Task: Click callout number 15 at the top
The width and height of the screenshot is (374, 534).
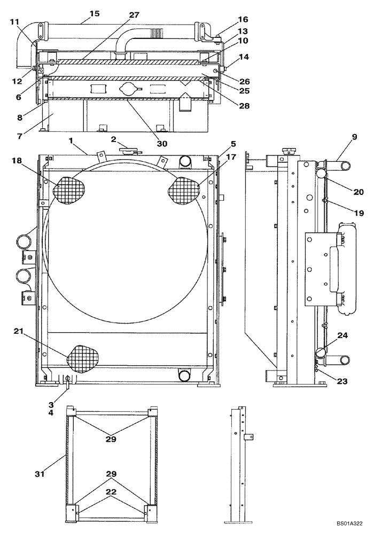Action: coord(94,13)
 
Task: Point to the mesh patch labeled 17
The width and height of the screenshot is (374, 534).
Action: coord(184,190)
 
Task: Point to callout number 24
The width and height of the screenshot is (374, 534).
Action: coord(342,336)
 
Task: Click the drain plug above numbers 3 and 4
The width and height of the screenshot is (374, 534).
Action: coord(67,380)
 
